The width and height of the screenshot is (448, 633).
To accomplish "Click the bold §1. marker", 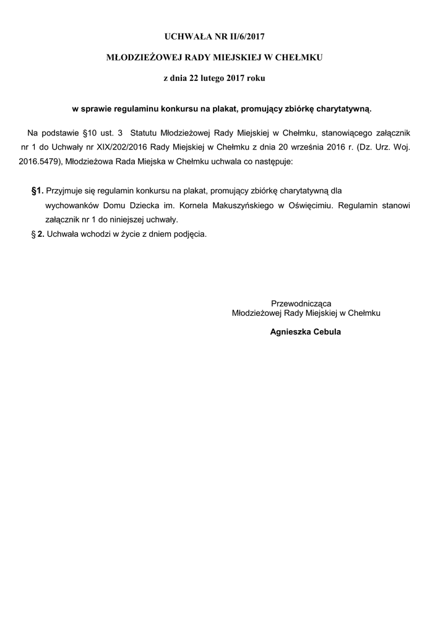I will coord(37,191).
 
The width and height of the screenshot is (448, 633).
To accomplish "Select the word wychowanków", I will coord(69,205).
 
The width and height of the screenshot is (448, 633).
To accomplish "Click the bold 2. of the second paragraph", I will coord(40,234).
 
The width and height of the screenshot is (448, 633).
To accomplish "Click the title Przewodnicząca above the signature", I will coord(301,304).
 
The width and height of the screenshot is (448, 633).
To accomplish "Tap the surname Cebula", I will coord(328,332).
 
